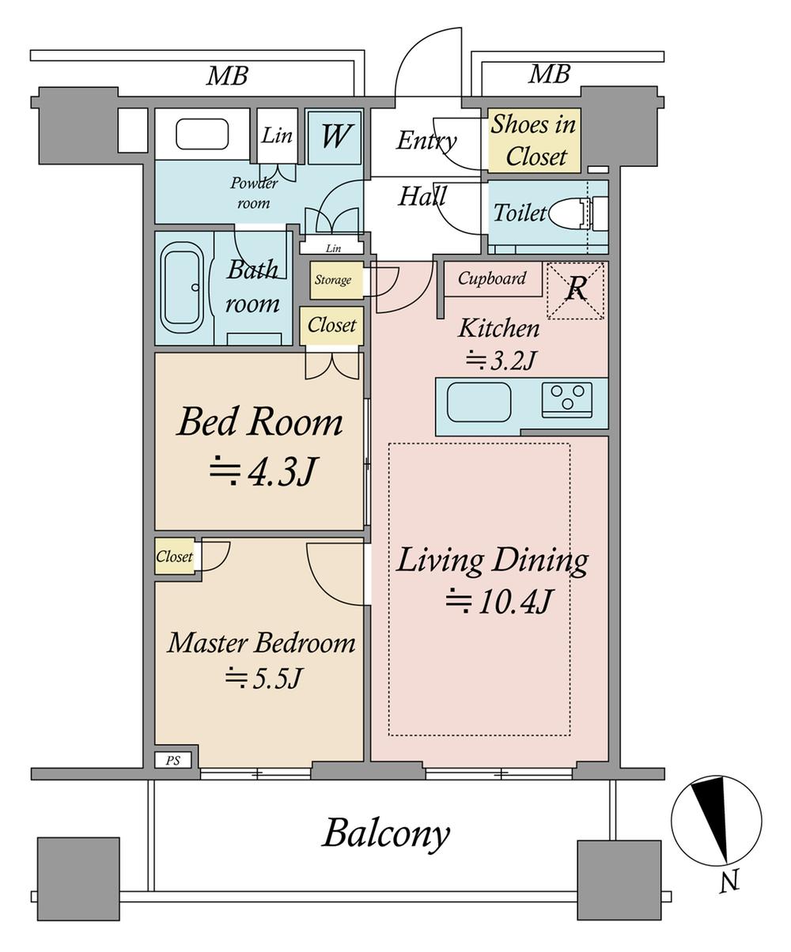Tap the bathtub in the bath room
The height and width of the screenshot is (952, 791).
(x=182, y=287)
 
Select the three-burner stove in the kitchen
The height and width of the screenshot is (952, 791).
(x=567, y=400)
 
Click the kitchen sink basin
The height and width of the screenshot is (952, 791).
(x=479, y=402)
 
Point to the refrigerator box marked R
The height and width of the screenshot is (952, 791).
(x=576, y=291)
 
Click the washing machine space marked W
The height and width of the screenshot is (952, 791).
(x=335, y=138)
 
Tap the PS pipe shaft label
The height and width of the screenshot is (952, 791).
(x=172, y=761)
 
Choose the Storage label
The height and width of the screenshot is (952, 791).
(x=333, y=279)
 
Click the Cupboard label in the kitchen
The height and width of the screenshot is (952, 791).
(x=492, y=278)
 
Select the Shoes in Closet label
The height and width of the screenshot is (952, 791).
(x=534, y=140)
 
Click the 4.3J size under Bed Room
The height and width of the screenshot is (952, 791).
(x=262, y=471)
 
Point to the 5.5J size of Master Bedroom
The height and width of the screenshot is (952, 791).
(x=263, y=679)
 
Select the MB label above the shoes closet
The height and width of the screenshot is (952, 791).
(x=549, y=74)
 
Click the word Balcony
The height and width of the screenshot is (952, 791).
(x=386, y=833)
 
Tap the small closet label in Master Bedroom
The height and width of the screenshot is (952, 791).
(x=174, y=557)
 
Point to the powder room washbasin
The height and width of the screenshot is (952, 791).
(x=202, y=134)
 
